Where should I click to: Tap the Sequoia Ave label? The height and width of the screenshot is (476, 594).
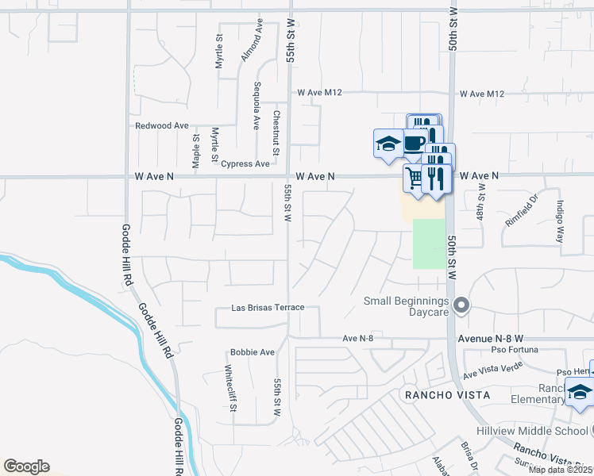pyautogui.click(x=256, y=106)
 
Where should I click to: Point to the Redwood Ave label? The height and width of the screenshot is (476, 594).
pyautogui.click(x=162, y=125)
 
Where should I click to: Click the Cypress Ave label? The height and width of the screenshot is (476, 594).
pyautogui.click(x=245, y=164)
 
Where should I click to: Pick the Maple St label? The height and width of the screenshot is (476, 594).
pyautogui.click(x=196, y=150)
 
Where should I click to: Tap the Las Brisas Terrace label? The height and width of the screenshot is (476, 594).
pyautogui.click(x=268, y=308)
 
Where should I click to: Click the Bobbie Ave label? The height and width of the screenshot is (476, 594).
pyautogui.click(x=252, y=352)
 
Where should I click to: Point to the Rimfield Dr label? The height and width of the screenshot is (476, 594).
pyautogui.click(x=521, y=210)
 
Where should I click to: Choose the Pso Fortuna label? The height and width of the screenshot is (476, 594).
pyautogui.click(x=510, y=349)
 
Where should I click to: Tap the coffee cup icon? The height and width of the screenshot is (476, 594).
pyautogui.click(x=414, y=143)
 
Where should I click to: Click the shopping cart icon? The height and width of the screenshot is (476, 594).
pyautogui.click(x=414, y=176)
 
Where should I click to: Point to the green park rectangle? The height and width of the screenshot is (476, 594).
pyautogui.click(x=429, y=244)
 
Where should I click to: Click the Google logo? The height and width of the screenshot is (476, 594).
pyautogui.click(x=26, y=466)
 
